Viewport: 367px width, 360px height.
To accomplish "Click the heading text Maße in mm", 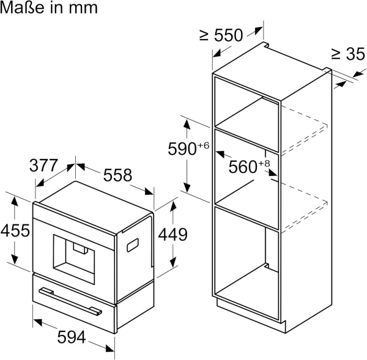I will pos(49,10).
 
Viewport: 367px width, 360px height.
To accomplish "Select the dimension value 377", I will pos(44,166).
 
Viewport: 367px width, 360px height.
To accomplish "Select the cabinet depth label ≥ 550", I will pos(221,35).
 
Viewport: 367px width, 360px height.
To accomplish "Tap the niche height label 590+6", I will pos(189,149).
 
